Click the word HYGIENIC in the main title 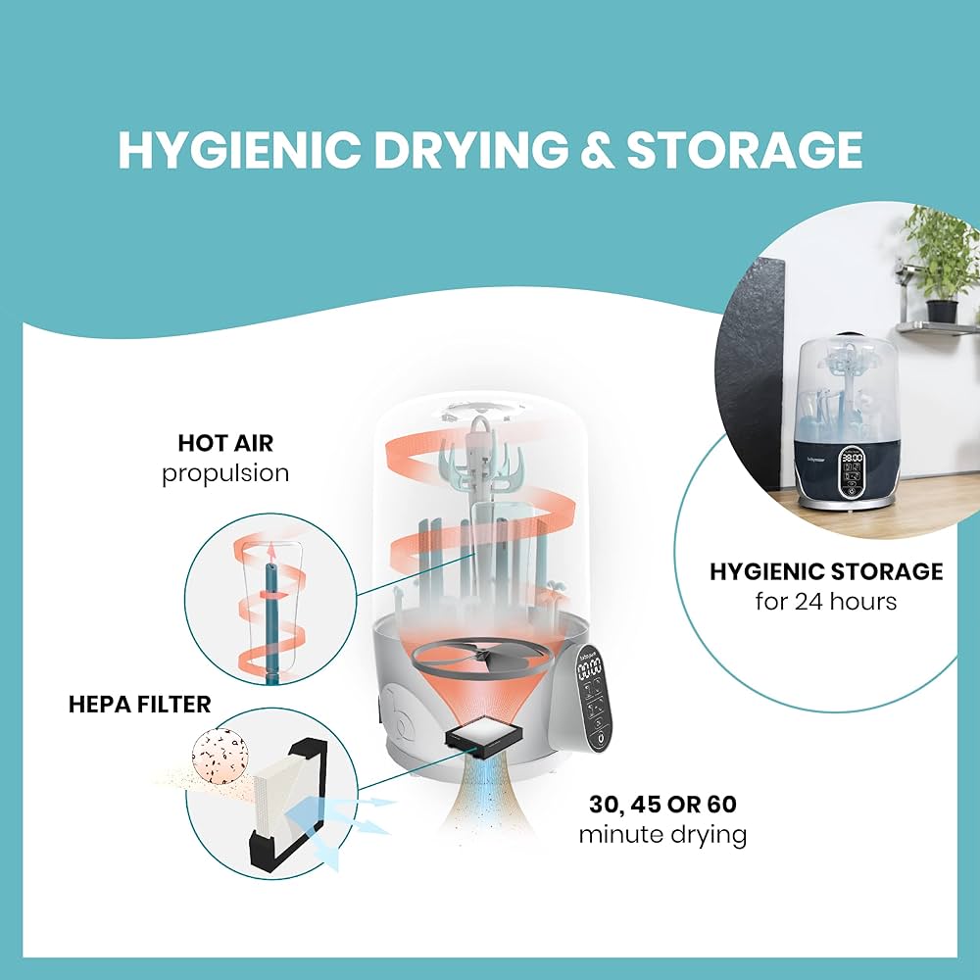coord(239,150)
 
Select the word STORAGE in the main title coord(745,150)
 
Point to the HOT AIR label coord(225,443)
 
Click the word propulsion coord(225,473)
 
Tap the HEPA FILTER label coord(140,705)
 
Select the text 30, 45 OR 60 coord(663,805)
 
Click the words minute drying coord(663,835)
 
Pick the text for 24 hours coord(825,602)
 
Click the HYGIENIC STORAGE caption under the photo coord(826,571)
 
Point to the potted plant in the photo coord(938,263)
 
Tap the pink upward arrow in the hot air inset coord(270,555)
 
